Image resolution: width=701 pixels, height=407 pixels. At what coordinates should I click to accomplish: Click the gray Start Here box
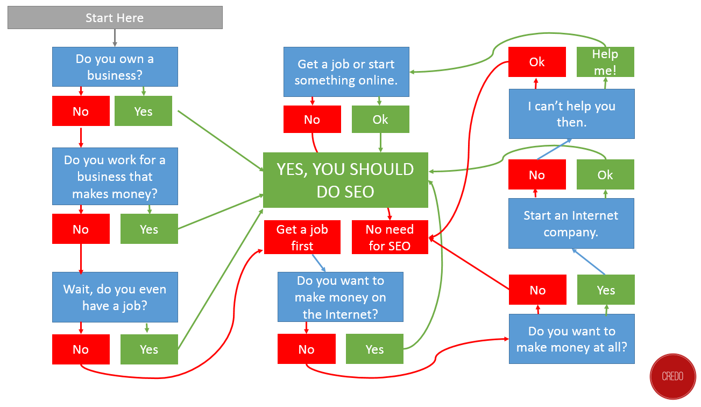[115, 18]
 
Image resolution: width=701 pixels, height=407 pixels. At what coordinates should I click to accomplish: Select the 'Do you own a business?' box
[115, 67]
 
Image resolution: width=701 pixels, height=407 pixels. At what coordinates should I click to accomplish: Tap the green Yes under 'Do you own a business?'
[143, 111]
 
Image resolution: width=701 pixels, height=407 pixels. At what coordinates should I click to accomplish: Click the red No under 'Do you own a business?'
[81, 111]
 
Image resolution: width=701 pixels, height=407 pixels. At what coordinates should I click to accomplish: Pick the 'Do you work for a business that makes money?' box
[115, 177]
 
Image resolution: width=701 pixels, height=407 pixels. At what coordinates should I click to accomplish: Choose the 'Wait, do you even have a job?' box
[115, 297]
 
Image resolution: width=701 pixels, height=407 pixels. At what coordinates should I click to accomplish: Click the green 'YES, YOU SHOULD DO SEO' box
[345, 180]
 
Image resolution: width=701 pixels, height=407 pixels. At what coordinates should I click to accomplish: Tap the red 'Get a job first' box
[302, 237]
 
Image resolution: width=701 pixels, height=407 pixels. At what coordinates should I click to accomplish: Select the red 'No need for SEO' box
[390, 237]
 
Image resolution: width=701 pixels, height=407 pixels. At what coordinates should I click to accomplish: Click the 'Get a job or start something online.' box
[346, 72]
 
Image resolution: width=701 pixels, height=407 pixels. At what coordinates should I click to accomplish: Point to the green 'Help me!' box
[605, 62]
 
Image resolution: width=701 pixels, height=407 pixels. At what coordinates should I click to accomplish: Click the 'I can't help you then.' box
[571, 114]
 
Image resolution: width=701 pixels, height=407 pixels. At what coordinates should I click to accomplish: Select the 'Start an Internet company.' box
[571, 223]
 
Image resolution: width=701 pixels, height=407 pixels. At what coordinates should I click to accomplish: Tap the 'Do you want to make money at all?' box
[571, 339]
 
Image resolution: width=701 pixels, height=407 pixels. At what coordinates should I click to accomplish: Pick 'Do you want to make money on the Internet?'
[340, 297]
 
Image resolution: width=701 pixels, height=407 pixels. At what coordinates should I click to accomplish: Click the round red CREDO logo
[672, 376]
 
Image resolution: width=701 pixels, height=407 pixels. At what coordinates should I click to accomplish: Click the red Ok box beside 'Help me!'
[537, 62]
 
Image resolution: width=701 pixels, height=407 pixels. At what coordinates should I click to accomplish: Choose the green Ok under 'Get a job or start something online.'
[380, 119]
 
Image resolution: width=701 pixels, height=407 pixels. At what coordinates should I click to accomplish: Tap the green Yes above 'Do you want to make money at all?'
[606, 290]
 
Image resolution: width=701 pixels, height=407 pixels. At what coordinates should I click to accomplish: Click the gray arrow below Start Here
[115, 38]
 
